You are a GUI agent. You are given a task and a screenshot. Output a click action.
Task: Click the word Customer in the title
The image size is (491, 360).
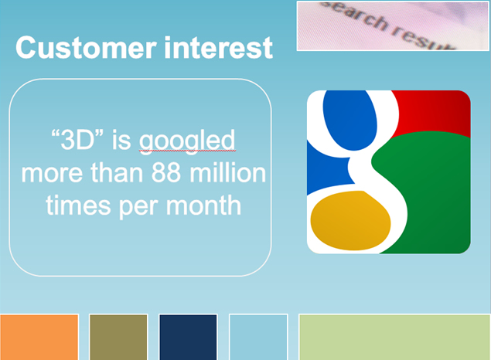(x=86, y=48)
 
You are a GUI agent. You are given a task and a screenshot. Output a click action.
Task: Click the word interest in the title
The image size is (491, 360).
(x=219, y=48)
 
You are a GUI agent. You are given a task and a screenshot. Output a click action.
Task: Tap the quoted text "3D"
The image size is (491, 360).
(x=77, y=140)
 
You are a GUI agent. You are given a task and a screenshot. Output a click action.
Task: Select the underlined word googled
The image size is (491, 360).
(x=187, y=141)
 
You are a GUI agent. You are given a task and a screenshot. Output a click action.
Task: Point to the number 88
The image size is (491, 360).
(x=166, y=172)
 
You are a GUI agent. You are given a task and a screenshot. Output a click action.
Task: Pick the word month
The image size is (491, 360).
(x=203, y=205)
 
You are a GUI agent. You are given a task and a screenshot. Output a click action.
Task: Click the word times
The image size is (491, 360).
(x=78, y=205)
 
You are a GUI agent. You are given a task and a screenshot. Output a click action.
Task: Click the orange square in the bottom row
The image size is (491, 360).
(x=39, y=337)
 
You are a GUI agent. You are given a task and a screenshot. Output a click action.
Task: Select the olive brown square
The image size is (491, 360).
(x=118, y=337)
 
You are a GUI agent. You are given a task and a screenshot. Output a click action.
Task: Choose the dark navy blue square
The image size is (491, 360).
(x=188, y=337)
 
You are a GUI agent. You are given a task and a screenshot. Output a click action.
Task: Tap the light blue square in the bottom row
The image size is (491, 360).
(x=258, y=337)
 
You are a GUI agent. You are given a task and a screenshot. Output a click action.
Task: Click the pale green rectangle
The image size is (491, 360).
(x=395, y=337)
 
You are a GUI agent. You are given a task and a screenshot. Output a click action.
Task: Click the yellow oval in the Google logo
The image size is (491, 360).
(x=350, y=220)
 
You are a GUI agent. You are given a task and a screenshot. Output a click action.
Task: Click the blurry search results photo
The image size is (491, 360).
(x=393, y=25)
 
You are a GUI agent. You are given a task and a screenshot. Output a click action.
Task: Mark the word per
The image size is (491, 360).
(x=138, y=207)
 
